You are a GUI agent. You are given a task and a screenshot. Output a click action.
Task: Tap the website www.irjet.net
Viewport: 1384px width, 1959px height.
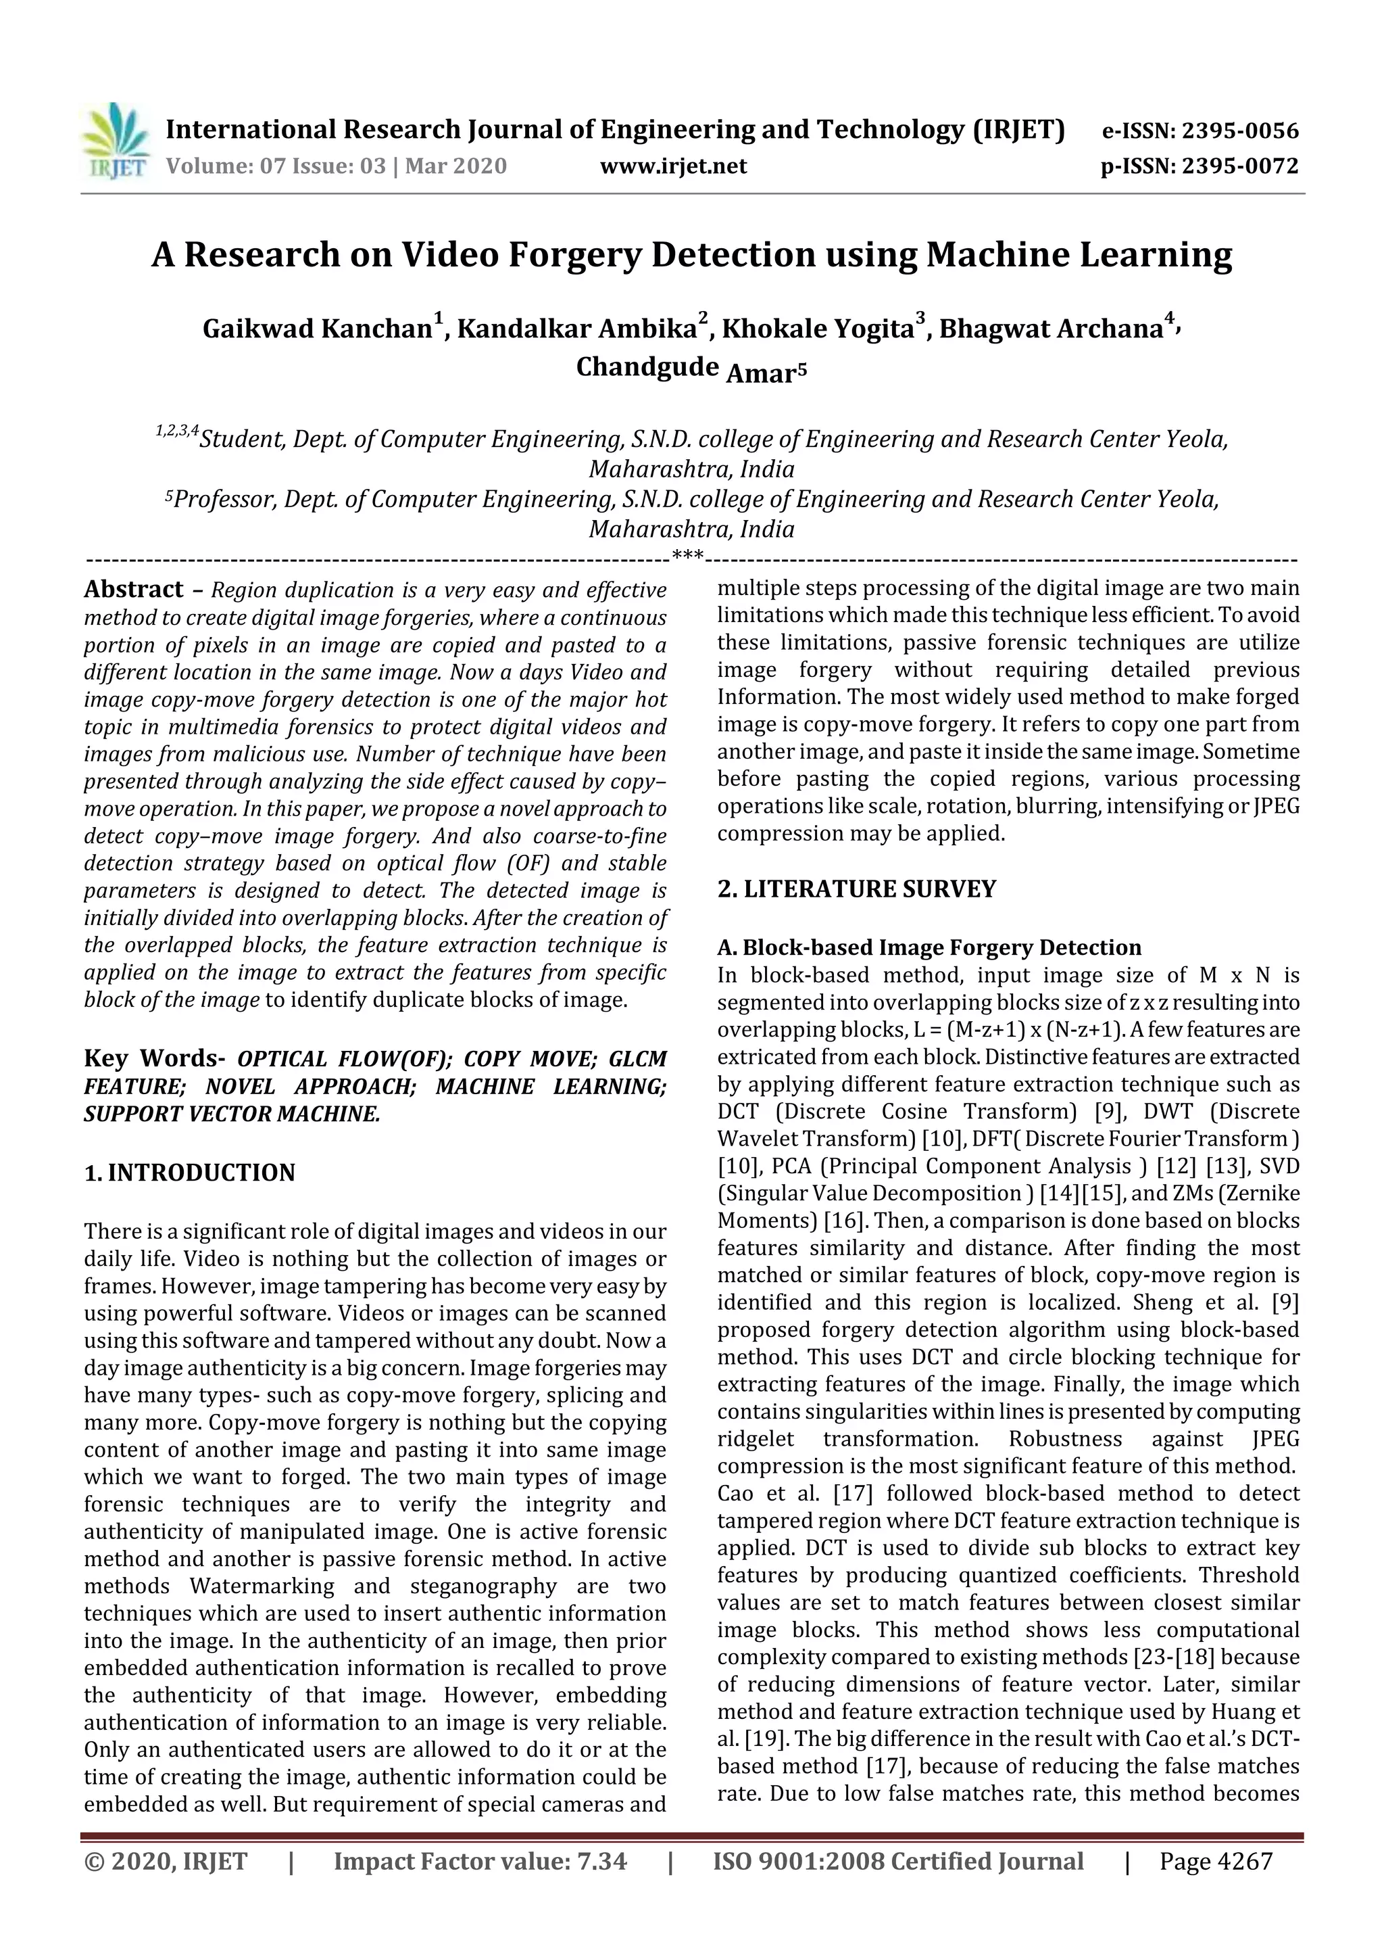673,166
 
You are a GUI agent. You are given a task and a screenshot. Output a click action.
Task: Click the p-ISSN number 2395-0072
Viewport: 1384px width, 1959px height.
1239,166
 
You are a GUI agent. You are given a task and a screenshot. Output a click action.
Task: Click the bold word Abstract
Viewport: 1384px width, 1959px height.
133,590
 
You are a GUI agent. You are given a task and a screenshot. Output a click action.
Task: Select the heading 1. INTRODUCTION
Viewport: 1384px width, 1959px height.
189,1173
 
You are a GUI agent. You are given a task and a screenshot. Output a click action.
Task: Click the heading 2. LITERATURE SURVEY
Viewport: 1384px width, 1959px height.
856,889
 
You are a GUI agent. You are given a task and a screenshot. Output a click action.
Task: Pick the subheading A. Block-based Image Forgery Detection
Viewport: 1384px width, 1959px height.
929,947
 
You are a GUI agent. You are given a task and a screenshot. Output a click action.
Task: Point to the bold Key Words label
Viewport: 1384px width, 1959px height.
153,1059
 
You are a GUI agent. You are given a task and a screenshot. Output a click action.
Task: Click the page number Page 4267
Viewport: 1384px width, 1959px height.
1215,1861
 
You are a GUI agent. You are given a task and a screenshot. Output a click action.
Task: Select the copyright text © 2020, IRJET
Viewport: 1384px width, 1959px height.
166,1861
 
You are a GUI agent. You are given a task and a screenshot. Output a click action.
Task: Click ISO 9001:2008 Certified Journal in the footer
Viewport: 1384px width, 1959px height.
898,1861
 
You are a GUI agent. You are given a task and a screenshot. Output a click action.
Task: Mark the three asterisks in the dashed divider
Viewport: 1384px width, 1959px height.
687,557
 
